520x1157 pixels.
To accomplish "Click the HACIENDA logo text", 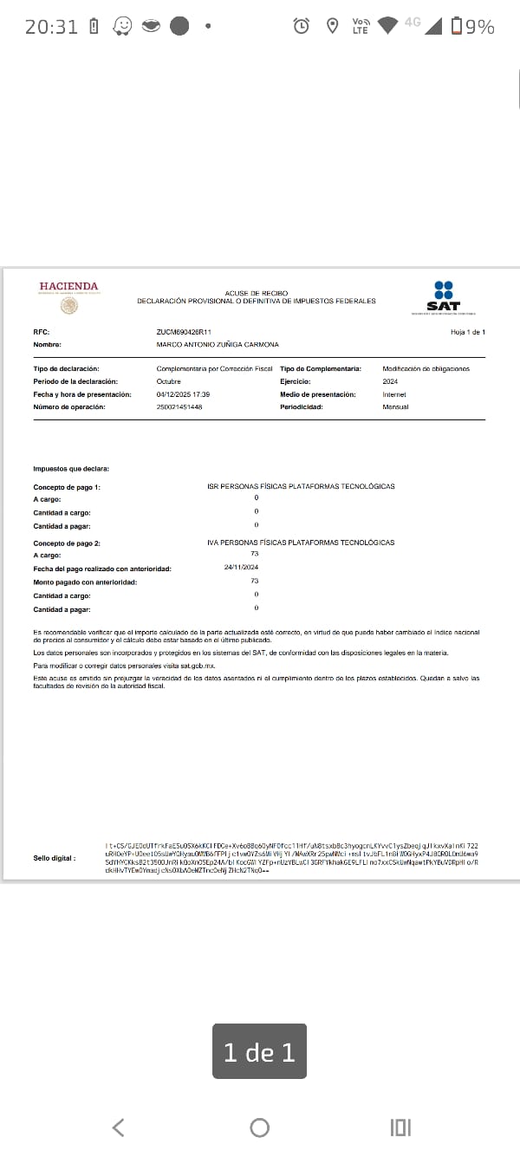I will pyautogui.click(x=68, y=287).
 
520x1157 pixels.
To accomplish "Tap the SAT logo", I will pyautogui.click(x=444, y=297).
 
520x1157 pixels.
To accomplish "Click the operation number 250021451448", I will pyautogui.click(x=179, y=406).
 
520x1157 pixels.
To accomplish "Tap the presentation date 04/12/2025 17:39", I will pyautogui.click(x=183, y=394).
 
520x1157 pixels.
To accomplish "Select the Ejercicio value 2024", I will pyautogui.click(x=390, y=381).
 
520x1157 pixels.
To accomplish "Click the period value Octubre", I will pyautogui.click(x=169, y=381).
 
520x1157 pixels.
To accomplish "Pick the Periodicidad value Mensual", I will pyautogui.click(x=395, y=406).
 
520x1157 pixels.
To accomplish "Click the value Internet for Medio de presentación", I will pyautogui.click(x=394, y=394).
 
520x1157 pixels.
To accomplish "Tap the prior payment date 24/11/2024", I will pyautogui.click(x=241, y=567).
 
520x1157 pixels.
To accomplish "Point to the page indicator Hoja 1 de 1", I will pyautogui.click(x=468, y=332).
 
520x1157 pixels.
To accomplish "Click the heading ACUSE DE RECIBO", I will pyautogui.click(x=257, y=294).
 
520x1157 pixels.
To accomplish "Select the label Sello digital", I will pyautogui.click(x=55, y=858).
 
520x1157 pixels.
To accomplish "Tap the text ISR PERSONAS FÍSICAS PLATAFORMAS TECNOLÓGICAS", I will pyautogui.click(x=301, y=486).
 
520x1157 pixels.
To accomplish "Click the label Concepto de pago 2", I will pyautogui.click(x=67, y=543).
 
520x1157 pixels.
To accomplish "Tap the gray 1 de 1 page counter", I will pyautogui.click(x=259, y=1052).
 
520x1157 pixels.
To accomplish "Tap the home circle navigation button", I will pyautogui.click(x=259, y=1127).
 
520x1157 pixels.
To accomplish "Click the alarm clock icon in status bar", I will pyautogui.click(x=302, y=26).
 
